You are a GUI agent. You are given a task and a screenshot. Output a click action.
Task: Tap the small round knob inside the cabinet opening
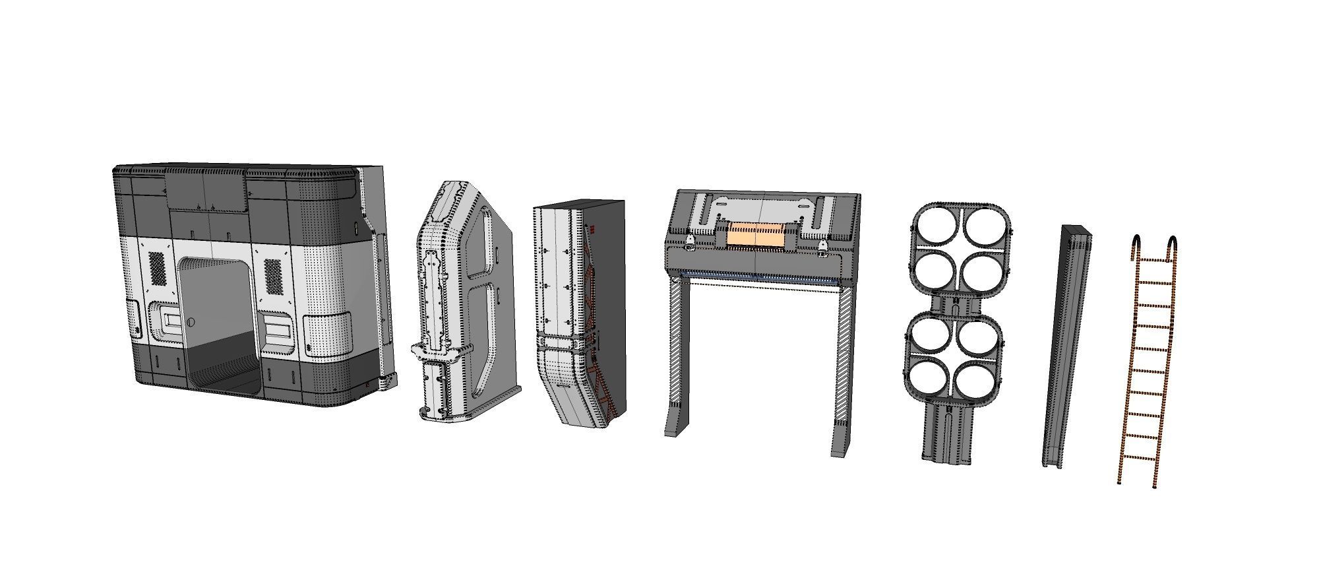tap(191, 322)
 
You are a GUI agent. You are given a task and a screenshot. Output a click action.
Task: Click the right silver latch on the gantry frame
tap(822, 247)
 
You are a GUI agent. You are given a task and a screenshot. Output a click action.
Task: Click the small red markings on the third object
tap(592, 230)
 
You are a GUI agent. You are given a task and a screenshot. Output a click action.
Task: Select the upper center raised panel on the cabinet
tap(206, 189)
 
